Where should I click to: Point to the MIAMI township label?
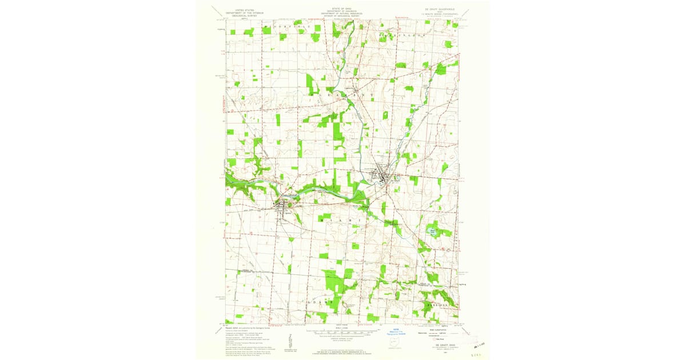click(x=341, y=219)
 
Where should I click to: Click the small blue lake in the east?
click(x=432, y=231)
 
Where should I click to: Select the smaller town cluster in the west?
click(x=284, y=207)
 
